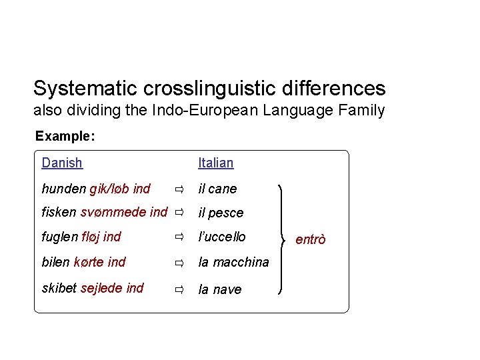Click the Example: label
(x=65, y=137)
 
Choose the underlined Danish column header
(x=62, y=163)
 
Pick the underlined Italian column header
(x=216, y=163)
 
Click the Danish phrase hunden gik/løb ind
(x=96, y=189)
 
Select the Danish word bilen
(x=56, y=262)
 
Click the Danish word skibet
(x=59, y=288)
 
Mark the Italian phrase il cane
(x=218, y=189)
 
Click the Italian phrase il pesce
(x=221, y=213)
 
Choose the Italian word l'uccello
(x=223, y=237)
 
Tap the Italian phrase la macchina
(x=234, y=263)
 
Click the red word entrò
(x=310, y=239)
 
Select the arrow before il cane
(x=179, y=190)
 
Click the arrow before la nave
(x=179, y=290)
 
